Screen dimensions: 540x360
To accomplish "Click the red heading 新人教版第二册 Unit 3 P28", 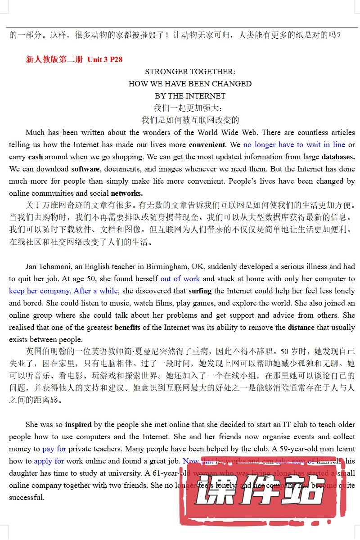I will click(x=74, y=59).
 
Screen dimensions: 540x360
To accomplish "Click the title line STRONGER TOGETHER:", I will click(x=190, y=72).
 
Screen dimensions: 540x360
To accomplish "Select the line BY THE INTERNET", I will click(x=190, y=96).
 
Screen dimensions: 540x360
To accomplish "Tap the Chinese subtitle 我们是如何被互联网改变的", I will click(x=190, y=120).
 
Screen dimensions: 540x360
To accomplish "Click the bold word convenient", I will click(x=207, y=145).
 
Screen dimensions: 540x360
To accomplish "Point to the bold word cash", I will click(x=36, y=157).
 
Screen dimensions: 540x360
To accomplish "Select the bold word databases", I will click(x=338, y=157).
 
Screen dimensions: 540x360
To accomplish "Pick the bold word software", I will click(x=85, y=169).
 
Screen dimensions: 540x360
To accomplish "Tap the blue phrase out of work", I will click(x=180, y=279).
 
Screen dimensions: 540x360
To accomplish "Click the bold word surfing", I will click(x=200, y=291).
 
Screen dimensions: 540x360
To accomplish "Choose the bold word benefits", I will click(x=127, y=327).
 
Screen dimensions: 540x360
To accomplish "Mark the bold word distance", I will click(x=302, y=327).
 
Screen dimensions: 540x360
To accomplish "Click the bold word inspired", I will click(x=78, y=424).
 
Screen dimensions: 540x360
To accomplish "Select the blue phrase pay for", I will click(x=54, y=449).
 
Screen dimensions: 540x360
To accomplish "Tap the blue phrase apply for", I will click(x=49, y=461).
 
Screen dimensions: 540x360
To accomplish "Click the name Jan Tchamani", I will click(x=48, y=266).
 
